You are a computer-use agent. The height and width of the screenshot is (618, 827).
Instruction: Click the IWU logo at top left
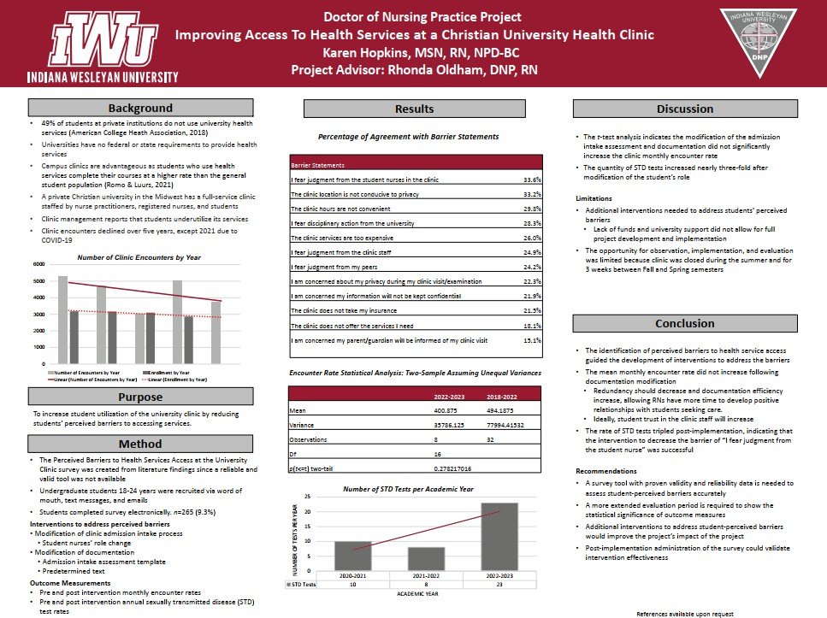click(103, 43)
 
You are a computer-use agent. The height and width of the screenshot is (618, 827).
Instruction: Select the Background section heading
click(140, 109)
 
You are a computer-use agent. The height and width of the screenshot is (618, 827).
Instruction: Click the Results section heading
click(414, 109)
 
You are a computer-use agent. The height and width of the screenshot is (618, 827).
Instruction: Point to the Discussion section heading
click(684, 109)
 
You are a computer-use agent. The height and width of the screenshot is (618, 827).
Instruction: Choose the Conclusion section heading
click(684, 324)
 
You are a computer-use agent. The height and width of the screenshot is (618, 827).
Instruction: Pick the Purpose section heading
click(140, 396)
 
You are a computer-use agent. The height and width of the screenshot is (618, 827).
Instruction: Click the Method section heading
click(140, 444)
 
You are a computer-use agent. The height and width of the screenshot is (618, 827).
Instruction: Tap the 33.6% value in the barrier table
click(532, 180)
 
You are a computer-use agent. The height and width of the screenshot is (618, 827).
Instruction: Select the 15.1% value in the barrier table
click(532, 340)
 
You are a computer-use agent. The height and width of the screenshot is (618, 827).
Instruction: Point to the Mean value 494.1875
click(502, 409)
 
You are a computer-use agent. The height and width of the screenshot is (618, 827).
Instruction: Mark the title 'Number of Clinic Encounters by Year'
click(127, 256)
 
